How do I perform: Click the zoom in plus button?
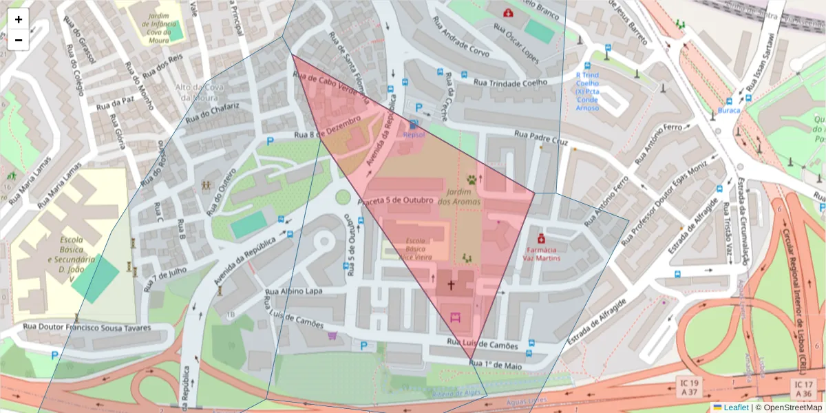pyautogui.click(x=19, y=19)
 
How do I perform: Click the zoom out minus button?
pyautogui.click(x=19, y=40)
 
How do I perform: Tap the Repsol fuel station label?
pyautogui.click(x=414, y=135)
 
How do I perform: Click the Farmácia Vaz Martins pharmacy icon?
pyautogui.click(x=541, y=237)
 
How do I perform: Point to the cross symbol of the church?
pyautogui.click(x=452, y=284)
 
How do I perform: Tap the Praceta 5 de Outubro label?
pyautogui.click(x=395, y=200)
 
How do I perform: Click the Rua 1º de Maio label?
pyautogui.click(x=495, y=363)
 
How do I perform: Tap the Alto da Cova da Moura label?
pyautogui.click(x=195, y=92)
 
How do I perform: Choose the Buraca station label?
pyautogui.click(x=729, y=110)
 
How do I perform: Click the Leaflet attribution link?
pyautogui.click(x=735, y=407)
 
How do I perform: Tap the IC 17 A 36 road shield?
pyautogui.click(x=803, y=388)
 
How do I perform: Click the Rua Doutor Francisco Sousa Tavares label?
pyautogui.click(x=87, y=328)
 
